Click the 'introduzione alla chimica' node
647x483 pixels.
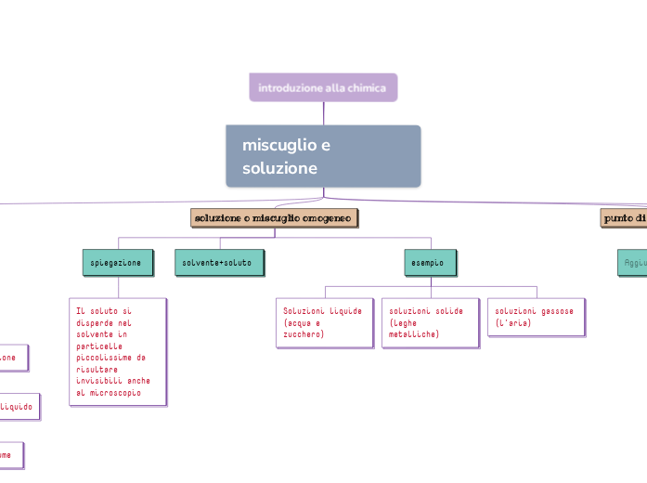point(323,87)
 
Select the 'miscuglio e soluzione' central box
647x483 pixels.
point(323,156)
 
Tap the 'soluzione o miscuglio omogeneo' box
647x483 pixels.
point(274,217)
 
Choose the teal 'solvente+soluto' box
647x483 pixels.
point(218,263)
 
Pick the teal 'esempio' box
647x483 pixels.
point(430,263)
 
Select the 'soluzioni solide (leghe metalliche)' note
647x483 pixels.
point(430,322)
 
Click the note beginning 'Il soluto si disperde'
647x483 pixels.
point(118,351)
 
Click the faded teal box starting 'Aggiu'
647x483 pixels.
point(633,263)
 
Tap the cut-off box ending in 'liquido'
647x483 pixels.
point(19,407)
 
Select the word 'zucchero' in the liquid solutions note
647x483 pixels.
point(304,333)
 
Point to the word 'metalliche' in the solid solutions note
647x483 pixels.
point(413,333)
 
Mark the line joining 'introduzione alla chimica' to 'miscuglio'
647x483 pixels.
point(323,113)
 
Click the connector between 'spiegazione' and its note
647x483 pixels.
point(118,287)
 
